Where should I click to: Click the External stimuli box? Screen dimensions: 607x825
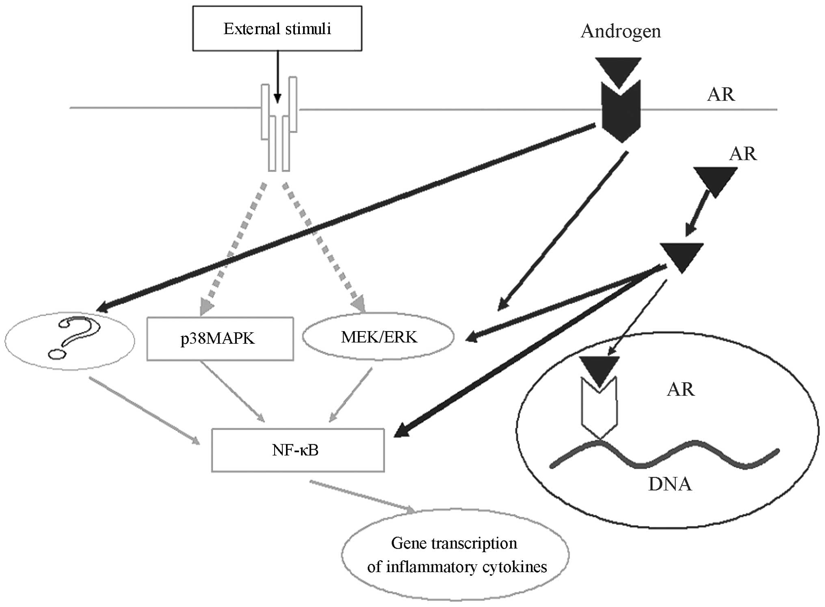277,28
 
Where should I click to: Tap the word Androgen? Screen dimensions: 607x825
621,31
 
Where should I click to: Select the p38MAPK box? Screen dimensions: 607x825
220,339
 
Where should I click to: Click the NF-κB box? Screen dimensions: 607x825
298,450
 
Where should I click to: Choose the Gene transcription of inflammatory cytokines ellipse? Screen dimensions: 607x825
455,555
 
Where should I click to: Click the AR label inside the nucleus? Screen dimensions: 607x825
681,389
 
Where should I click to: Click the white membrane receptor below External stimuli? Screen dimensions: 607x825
279,126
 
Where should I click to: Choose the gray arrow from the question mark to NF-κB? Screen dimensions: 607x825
144,410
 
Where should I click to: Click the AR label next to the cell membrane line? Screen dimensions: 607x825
721,94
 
